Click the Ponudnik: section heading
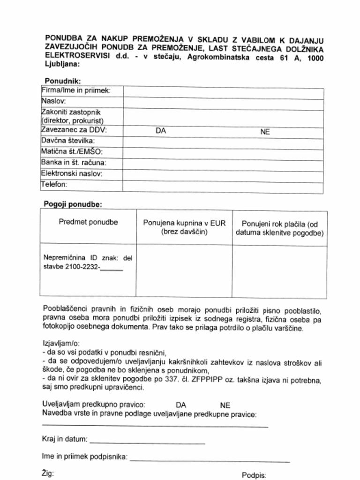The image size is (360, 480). [63, 81]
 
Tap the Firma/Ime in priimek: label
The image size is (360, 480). [76, 90]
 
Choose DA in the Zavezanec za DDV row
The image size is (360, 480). [161, 131]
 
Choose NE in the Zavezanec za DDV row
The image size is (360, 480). [265, 132]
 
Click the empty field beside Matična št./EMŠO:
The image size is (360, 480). [223, 153]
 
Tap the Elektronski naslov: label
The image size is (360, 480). [72, 174]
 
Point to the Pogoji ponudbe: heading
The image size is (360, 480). [73, 204]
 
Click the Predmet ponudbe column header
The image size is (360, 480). [88, 222]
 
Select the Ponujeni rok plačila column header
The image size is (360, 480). [280, 228]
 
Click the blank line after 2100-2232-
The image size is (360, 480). [112, 270]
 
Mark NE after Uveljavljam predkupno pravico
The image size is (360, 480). [225, 405]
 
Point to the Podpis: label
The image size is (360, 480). [254, 475]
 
